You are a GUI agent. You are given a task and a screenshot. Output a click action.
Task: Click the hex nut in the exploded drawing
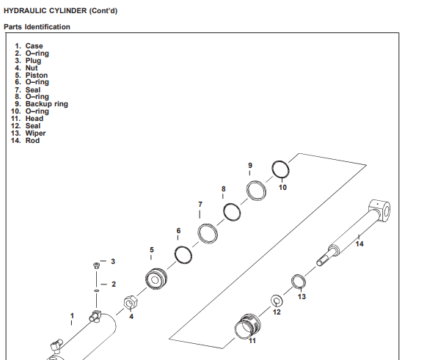pyautogui.click(x=131, y=302)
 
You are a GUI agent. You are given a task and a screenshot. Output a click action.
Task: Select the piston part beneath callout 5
pyautogui.click(x=156, y=279)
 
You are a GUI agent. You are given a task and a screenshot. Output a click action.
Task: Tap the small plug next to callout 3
pyautogui.click(x=96, y=265)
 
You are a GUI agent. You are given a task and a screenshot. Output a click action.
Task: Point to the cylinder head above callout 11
pyautogui.click(x=248, y=326)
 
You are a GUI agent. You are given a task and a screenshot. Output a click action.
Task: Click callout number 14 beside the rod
pyautogui.click(x=359, y=244)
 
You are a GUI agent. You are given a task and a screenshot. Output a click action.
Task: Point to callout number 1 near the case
pyautogui.click(x=72, y=316)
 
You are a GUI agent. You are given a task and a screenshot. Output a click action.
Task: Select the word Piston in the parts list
pyautogui.click(x=37, y=76)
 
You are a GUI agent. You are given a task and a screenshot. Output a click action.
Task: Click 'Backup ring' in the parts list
pyautogui.click(x=47, y=104)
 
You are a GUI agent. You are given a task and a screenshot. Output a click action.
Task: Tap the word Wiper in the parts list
pyautogui.click(x=35, y=133)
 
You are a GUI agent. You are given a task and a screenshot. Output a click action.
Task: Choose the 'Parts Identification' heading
pyautogui.click(x=37, y=27)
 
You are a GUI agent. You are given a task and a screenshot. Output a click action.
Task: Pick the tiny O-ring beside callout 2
pyautogui.click(x=96, y=291)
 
